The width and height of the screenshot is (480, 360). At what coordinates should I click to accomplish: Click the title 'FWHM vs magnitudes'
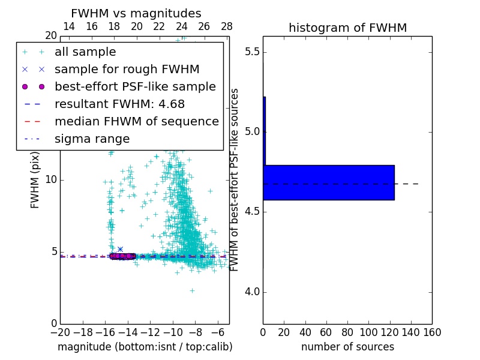[x=136, y=14]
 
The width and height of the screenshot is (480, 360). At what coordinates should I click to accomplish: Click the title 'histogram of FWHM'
[x=347, y=28]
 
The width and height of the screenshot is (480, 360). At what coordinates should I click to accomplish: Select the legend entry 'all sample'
[x=85, y=52]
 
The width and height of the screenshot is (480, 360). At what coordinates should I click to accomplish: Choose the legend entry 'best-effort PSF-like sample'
[x=135, y=87]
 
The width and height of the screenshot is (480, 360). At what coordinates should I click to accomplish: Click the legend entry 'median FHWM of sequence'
[x=136, y=122]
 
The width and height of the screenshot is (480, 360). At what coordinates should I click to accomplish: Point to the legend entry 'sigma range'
[x=92, y=139]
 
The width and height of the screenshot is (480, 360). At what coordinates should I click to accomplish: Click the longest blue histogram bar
[x=329, y=182]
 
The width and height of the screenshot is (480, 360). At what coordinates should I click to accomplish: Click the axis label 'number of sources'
[x=347, y=347]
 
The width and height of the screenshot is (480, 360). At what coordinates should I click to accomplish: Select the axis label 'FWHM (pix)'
[x=35, y=180]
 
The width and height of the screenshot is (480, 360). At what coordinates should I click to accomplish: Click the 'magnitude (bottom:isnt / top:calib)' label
[x=145, y=347]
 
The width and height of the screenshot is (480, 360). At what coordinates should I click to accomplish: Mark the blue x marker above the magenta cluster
[x=120, y=249]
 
